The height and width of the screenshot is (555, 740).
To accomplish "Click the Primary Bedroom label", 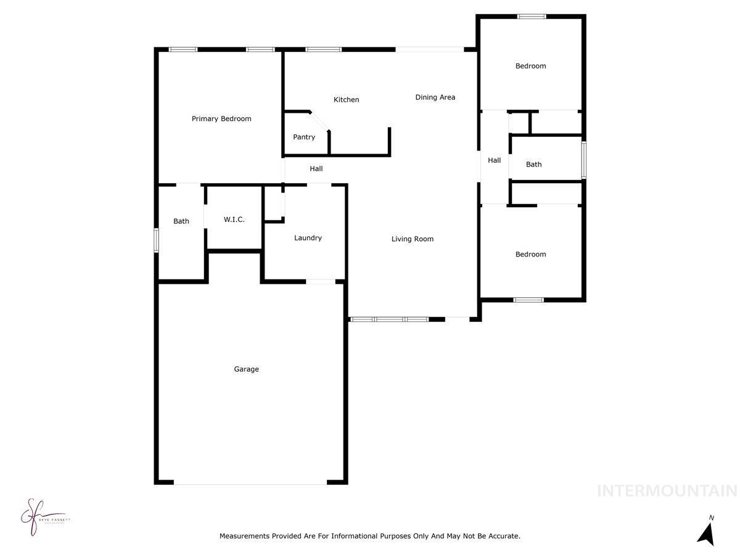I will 221,118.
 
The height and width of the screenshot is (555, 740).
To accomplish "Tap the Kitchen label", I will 346,99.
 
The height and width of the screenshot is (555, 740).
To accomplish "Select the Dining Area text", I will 435,97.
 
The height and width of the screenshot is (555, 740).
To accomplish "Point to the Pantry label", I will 304,137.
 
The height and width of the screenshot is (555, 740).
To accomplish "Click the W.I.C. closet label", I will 234,219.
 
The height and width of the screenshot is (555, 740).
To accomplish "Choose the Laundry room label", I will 308,237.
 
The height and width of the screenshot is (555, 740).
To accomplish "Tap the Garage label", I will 246,369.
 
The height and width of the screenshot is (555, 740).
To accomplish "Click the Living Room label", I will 412,239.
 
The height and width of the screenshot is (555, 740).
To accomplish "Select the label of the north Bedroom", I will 530,66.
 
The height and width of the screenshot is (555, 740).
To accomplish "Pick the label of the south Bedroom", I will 530,254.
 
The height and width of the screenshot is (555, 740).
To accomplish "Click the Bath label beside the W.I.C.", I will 181,221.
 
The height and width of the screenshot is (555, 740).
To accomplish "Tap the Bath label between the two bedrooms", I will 533,164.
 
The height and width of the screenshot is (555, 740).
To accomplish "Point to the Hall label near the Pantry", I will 316,168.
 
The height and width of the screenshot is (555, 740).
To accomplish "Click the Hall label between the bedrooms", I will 494,160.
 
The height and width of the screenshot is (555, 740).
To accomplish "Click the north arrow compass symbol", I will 706,531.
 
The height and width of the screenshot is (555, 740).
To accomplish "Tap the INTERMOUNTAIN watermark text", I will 667,491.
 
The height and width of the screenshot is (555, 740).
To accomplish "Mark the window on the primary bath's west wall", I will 157,240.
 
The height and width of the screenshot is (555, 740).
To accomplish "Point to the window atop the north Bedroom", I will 531,17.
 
